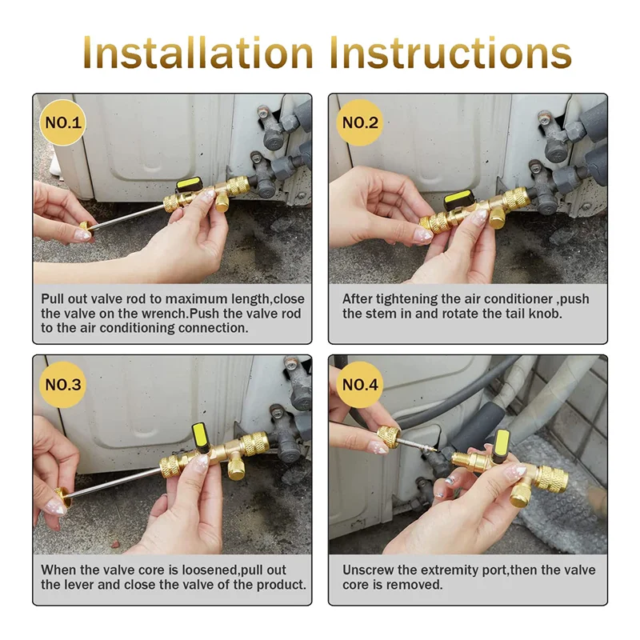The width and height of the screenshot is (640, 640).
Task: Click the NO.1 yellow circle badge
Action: tap(62, 123)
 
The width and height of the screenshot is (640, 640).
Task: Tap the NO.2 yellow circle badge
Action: tap(360, 123)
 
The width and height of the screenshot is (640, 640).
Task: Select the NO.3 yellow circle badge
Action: tap(62, 385)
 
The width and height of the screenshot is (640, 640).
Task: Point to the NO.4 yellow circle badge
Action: tap(360, 385)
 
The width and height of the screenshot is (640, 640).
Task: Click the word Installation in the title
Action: tap(198, 52)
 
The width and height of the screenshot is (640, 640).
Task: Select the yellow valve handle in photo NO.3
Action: tap(200, 438)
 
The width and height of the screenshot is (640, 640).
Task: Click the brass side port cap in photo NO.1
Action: tap(222, 202)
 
